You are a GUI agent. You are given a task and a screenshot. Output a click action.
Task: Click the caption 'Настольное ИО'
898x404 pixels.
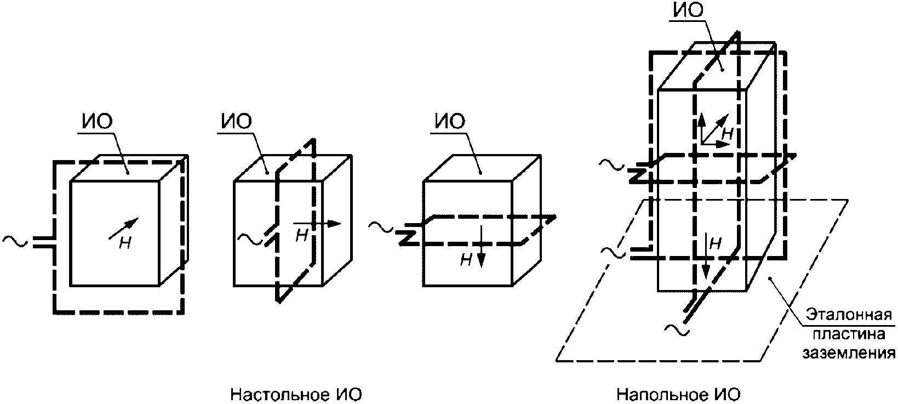coord(296,395)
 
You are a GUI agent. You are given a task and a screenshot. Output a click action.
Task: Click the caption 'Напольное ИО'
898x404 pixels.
coord(678,395)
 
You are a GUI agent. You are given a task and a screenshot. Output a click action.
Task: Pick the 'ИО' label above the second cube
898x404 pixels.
coord(237,122)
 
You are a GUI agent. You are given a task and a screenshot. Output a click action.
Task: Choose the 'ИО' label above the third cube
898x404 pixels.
coord(450,122)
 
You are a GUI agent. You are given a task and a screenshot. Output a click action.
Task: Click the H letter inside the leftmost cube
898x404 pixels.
coord(125,243)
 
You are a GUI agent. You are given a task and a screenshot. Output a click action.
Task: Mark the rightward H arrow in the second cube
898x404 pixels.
coord(318,224)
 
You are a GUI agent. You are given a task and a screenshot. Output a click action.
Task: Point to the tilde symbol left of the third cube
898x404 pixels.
coord(379,225)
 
